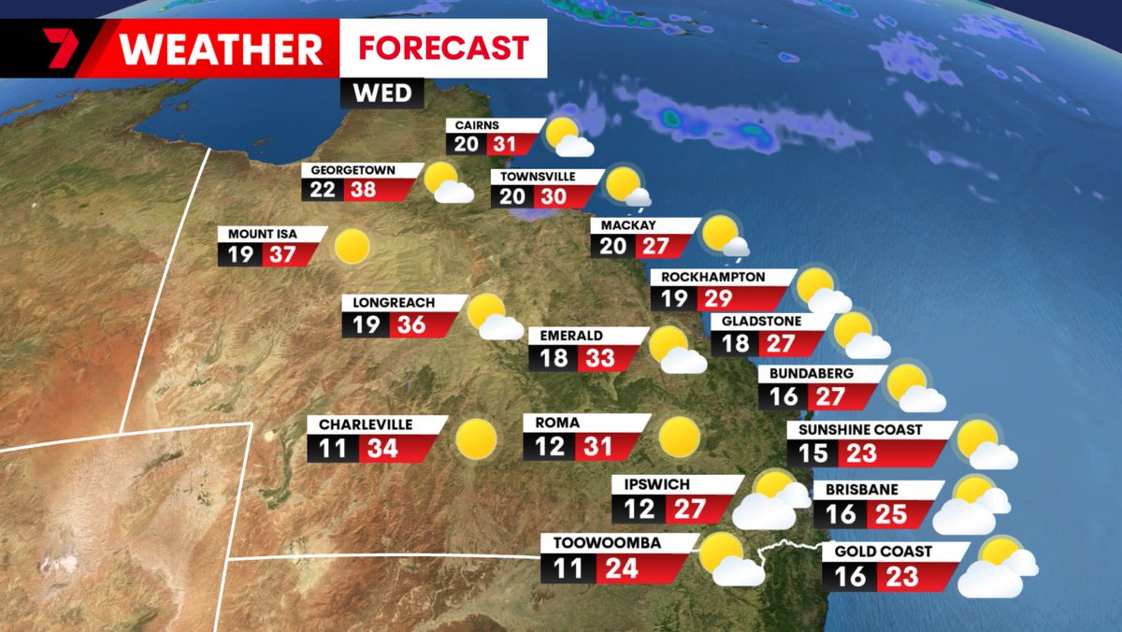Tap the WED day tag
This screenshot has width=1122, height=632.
pyautogui.click(x=387, y=93)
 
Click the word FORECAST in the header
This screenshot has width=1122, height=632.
pyautogui.click(x=443, y=48)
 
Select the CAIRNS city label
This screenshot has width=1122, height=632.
pyautogui.click(x=477, y=125)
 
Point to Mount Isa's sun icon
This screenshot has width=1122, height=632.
pyautogui.click(x=352, y=246)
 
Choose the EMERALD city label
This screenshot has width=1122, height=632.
pyautogui.click(x=564, y=336)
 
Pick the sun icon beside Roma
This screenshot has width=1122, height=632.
pyautogui.click(x=679, y=438)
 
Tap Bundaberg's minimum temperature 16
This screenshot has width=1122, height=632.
pyautogui.click(x=784, y=396)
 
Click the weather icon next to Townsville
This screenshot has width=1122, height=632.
pyautogui.click(x=626, y=187)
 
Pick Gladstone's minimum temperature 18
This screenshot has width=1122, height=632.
pyautogui.click(x=736, y=343)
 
